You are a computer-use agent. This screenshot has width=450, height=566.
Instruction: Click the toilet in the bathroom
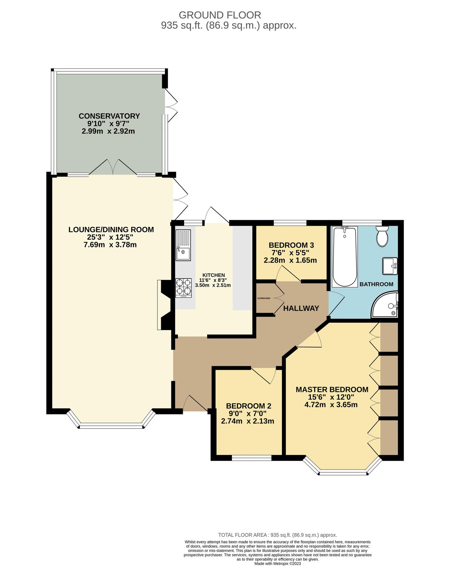coord(382,236)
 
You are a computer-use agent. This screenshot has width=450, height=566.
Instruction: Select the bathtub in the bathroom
coord(345,257)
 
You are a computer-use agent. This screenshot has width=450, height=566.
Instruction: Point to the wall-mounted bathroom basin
coord(390,266)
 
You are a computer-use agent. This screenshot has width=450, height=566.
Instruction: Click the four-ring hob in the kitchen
coord(183,288)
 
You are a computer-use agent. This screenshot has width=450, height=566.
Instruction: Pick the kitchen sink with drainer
coord(183,245)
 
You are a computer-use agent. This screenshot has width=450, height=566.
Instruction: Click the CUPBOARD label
coord(264,298)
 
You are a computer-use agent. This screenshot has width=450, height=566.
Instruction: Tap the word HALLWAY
coord(301,308)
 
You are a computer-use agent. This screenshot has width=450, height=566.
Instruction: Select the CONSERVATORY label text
coord(109,116)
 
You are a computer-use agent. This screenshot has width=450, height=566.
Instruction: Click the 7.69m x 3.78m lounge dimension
coord(110,245)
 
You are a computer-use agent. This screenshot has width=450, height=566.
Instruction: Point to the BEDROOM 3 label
coord(291,245)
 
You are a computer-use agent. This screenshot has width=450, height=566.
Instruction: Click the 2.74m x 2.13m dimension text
coord(248,421)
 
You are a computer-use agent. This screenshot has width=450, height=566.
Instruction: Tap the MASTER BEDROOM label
coord(332,390)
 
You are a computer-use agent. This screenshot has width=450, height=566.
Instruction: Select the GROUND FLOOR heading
coord(220,15)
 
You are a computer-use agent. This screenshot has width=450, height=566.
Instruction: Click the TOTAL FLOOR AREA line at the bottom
coord(277,535)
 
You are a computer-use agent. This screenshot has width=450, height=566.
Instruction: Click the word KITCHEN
coord(214,275)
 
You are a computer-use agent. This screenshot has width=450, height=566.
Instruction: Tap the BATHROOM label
coord(376,284)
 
